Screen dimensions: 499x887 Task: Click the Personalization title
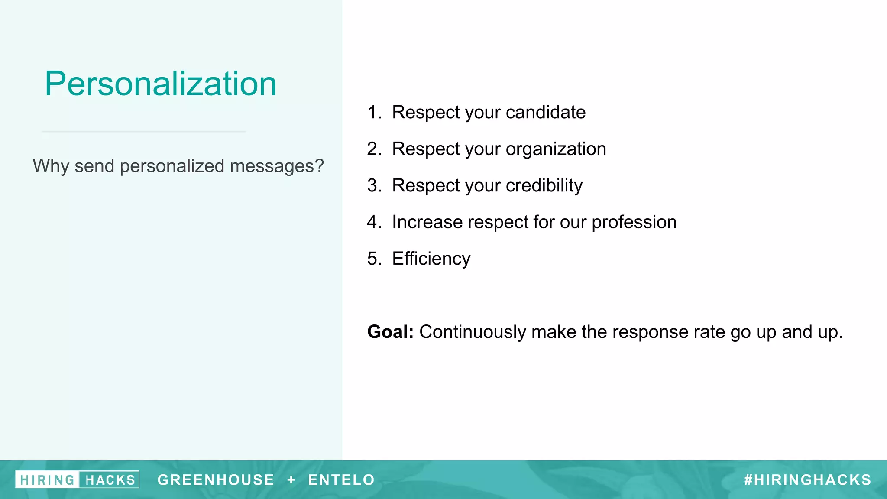160,84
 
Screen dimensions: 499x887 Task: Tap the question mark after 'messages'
319,166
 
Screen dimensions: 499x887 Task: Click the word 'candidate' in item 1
545,112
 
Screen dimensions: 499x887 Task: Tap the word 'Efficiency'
431,259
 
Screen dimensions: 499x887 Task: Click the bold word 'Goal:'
390,332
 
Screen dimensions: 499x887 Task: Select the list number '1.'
374,112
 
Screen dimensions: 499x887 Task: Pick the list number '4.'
374,222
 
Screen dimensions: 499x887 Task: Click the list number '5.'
374,259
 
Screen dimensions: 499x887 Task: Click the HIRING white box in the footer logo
47,480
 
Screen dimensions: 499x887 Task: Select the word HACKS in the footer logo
110,480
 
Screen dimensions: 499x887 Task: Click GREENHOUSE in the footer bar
216,480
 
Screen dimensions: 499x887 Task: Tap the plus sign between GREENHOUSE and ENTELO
291,480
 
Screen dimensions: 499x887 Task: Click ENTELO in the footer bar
341,480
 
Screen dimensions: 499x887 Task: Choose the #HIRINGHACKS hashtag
807,480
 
